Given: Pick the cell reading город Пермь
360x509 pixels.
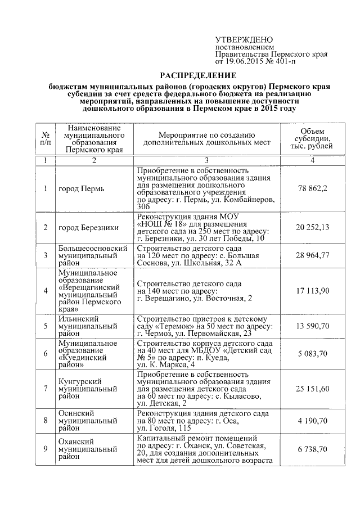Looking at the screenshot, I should (x=82, y=188).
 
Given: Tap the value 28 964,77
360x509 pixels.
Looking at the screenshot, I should (x=311, y=256).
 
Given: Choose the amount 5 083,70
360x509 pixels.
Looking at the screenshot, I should (x=311, y=353).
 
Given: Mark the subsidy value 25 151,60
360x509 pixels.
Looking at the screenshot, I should (x=311, y=388).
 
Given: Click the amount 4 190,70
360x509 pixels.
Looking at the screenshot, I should (x=311, y=420).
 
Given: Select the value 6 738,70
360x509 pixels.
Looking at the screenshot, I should (x=311, y=450).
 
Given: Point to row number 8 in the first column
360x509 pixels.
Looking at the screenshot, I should (x=46, y=420).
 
